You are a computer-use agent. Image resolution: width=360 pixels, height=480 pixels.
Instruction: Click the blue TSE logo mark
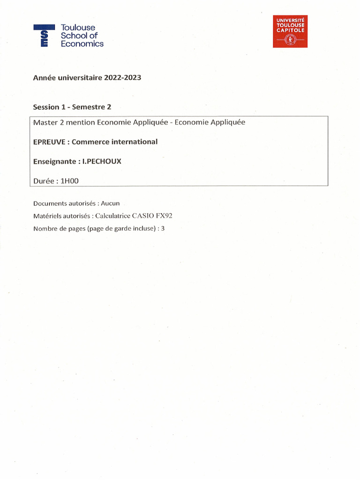(x=44, y=36)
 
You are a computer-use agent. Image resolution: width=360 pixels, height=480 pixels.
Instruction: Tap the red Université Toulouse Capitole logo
(x=290, y=31)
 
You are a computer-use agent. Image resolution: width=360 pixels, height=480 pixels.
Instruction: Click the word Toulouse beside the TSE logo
(x=78, y=28)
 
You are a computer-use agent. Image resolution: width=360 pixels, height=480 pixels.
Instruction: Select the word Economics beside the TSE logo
(x=82, y=44)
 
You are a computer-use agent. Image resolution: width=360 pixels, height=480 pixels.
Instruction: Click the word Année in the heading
(x=44, y=78)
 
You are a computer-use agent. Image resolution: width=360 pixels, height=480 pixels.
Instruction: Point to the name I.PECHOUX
(x=102, y=161)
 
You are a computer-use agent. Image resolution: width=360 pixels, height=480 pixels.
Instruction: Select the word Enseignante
(x=54, y=161)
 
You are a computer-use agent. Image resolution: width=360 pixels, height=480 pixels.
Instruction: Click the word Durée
(x=43, y=180)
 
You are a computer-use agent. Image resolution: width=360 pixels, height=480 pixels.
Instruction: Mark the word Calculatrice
(x=115, y=216)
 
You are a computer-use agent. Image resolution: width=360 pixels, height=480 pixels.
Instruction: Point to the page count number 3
(x=163, y=229)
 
